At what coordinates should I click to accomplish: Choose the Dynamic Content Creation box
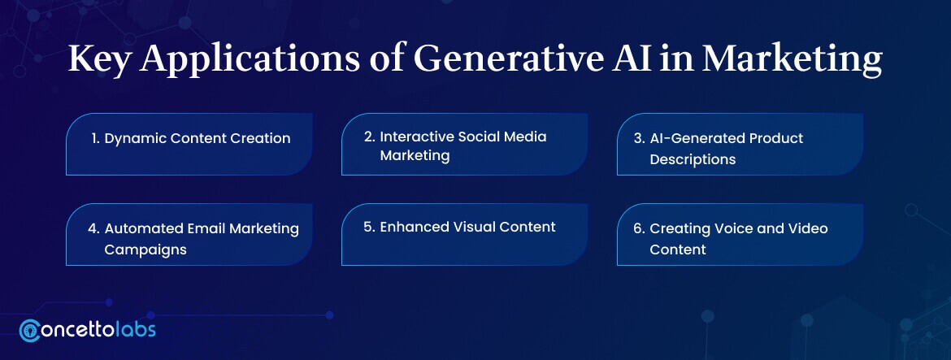coord(189,144)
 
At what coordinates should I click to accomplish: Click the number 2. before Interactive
coord(369,137)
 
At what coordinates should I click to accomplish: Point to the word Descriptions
coord(693,159)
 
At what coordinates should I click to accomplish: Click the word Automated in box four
coord(143,228)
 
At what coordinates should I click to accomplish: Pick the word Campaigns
coord(145,249)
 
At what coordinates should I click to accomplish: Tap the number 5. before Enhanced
coord(369,228)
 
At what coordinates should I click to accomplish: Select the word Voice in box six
coord(730,228)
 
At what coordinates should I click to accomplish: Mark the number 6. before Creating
coord(639,228)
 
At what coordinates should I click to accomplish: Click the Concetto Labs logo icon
coord(30,330)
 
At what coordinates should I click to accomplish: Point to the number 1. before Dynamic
coord(96,138)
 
